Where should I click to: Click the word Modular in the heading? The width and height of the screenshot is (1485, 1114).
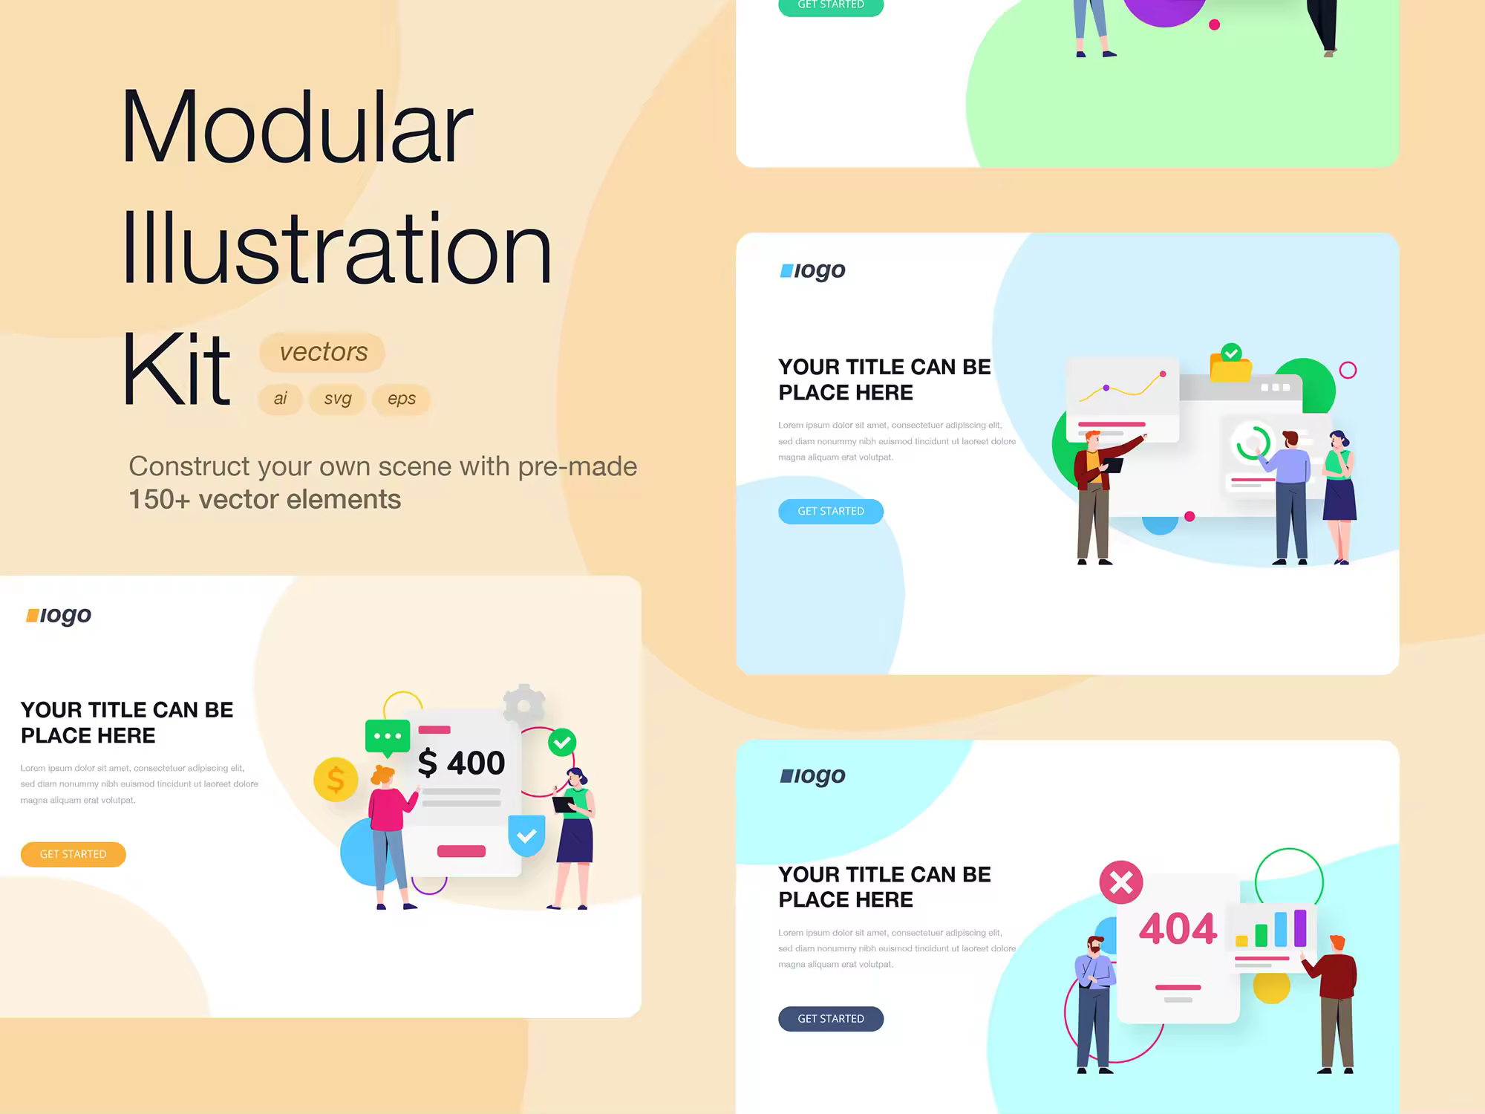coord(296,127)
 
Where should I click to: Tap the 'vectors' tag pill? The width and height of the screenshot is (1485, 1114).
coord(322,352)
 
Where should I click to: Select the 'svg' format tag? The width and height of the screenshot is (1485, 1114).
coord(338,399)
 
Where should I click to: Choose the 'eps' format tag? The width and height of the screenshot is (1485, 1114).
coord(402,399)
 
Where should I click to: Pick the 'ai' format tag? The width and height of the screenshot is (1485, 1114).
coord(280,399)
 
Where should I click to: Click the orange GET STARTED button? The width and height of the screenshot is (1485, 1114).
coord(73,854)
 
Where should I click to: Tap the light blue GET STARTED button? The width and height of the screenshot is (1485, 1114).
coord(831,511)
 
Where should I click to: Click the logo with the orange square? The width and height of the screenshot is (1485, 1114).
coord(59,616)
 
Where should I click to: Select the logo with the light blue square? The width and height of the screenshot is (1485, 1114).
coord(812,270)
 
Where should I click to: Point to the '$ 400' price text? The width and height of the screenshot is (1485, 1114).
coord(461,763)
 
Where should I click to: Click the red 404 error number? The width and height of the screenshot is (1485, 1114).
coord(1178,928)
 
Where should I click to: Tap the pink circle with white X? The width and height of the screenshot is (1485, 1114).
coord(1121,882)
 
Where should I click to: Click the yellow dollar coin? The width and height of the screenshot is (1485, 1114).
coord(336,780)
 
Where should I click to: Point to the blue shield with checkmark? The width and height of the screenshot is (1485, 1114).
coord(526,835)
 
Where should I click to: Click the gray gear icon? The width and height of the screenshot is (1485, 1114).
coord(524,703)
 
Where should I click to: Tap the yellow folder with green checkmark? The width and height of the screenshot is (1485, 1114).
coord(1231,363)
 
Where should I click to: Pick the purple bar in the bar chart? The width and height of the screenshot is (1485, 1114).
coord(1300,928)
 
